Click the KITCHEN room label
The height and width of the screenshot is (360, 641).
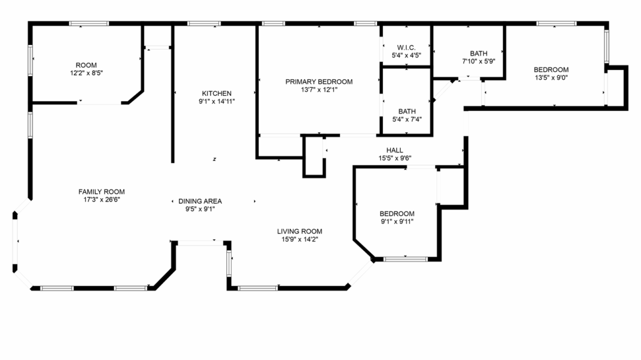coord(217,93)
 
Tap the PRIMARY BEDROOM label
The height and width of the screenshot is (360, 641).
coord(319,81)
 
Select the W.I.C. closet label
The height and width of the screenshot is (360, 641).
coord(407,47)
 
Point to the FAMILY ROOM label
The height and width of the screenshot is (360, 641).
coord(102,192)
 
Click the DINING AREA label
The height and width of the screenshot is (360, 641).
coord(200,201)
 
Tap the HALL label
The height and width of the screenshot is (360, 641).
coord(395,150)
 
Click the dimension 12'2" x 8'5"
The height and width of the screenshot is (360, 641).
coord(86,73)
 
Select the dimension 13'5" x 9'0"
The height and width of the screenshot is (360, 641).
coord(551,77)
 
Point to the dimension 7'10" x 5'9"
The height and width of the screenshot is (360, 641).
coord(478,61)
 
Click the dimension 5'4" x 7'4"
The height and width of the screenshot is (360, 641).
coord(407,120)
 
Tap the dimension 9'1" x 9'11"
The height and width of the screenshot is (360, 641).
coord(397,221)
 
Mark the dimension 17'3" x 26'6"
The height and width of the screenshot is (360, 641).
coord(102,199)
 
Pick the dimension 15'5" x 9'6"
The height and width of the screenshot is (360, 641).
coord(395,158)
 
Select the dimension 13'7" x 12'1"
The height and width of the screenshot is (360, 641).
coord(319,90)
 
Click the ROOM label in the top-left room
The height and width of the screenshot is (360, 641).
coord(86,65)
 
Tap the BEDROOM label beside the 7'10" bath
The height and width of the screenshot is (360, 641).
coord(551,70)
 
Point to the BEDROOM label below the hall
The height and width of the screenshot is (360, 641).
coord(397,213)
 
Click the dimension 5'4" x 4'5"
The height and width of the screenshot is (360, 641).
coord(407,55)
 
